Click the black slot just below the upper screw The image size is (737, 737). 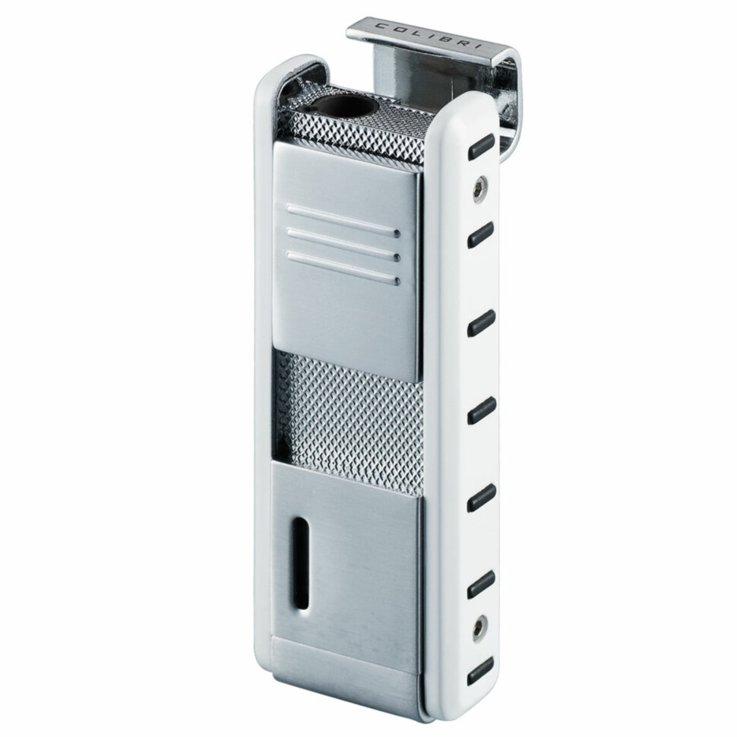[481, 234]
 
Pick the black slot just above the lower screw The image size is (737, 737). [481, 585]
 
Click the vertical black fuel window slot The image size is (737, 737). [299, 565]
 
